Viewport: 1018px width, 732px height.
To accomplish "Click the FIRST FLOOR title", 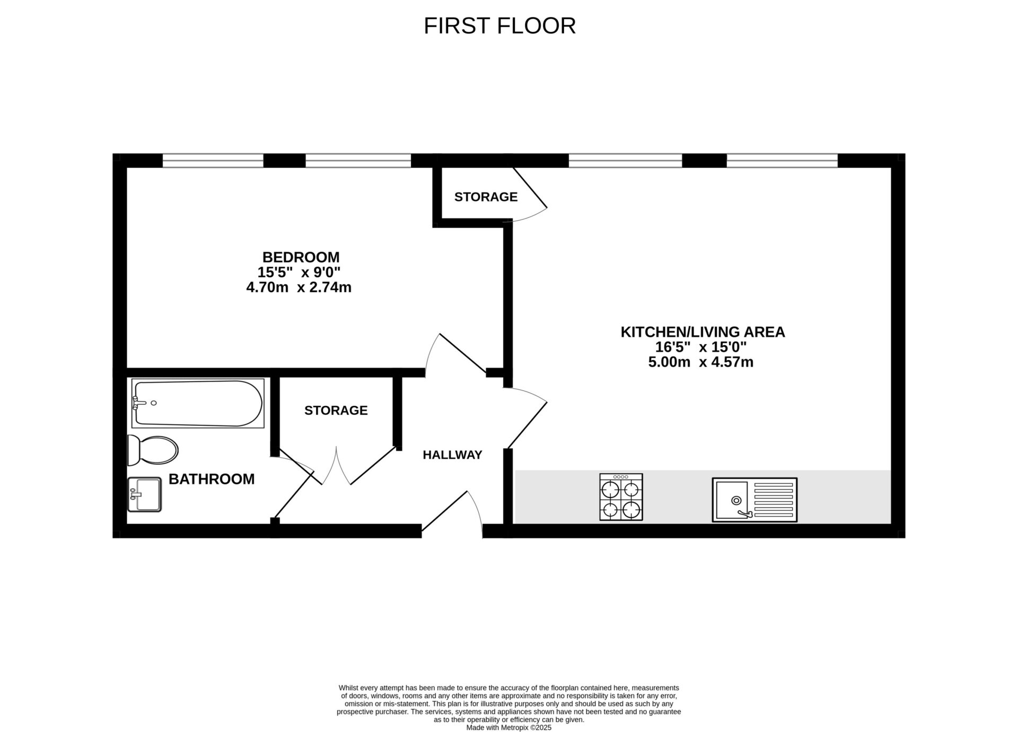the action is click(x=499, y=25).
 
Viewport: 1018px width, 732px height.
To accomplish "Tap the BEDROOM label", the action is click(x=301, y=257).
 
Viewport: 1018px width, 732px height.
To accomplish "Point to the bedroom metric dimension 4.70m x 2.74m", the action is click(x=299, y=287).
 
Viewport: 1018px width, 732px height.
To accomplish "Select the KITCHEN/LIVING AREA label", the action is click(x=703, y=332).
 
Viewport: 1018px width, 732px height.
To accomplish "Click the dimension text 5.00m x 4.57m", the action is click(x=701, y=362).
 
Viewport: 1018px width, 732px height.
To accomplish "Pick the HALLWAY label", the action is click(x=452, y=455).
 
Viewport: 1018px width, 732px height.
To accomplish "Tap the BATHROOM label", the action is click(x=212, y=479).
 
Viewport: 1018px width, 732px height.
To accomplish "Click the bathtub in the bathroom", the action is click(x=198, y=403).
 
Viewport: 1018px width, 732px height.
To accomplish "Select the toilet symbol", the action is click(x=153, y=450).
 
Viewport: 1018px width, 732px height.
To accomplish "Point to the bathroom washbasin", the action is click(x=144, y=494).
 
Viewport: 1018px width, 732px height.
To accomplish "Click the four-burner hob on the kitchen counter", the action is click(x=621, y=497).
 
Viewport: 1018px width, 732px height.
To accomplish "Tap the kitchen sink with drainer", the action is click(x=754, y=500).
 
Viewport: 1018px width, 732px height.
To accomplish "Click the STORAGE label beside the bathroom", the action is click(x=336, y=410).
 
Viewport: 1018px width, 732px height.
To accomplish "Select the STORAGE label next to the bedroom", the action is click(x=486, y=197).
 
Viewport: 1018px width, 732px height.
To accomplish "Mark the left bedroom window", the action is click(x=213, y=160).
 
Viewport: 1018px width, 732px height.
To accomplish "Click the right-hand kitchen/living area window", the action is click(x=782, y=160).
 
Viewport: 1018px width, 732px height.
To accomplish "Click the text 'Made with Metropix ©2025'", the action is click(x=509, y=728).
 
